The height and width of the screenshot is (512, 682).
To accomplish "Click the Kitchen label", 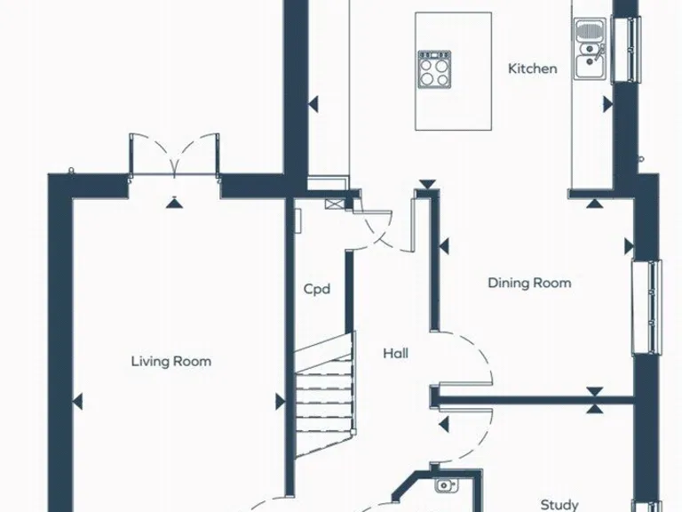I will tap(533, 68).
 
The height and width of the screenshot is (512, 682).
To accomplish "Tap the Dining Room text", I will tap(529, 284).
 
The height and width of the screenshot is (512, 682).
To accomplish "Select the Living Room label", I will tap(171, 361).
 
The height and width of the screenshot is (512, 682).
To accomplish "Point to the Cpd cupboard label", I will tap(317, 289).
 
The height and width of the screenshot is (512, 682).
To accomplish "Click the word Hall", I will tap(396, 354).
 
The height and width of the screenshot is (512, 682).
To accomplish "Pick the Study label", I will tap(559, 505).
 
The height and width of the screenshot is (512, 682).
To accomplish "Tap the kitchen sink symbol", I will tap(588, 50).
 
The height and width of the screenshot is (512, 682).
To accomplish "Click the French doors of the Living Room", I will tap(174, 156).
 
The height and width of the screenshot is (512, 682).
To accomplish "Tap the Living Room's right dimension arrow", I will tap(279, 402).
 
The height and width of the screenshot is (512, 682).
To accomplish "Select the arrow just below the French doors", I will tap(174, 203).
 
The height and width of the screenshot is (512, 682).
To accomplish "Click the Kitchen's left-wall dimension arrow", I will tap(313, 104).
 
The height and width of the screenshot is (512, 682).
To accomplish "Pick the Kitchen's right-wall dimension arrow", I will tap(607, 104).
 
